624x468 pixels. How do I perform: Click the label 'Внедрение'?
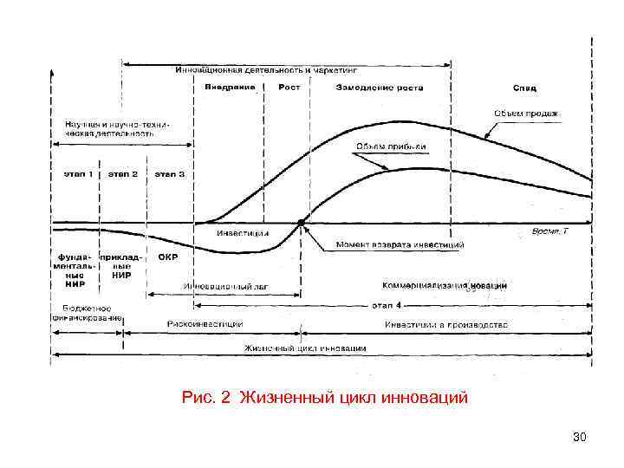(230, 88)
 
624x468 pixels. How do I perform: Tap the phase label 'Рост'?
(289, 88)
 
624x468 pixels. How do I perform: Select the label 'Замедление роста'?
(377, 88)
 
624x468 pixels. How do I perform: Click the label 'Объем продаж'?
(526, 113)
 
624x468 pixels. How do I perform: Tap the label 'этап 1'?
(77, 174)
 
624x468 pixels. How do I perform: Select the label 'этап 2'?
(123, 174)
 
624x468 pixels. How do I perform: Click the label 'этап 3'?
(170, 174)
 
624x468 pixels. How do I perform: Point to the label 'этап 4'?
(387, 305)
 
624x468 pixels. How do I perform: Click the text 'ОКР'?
(168, 257)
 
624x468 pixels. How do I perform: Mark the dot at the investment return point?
(301, 223)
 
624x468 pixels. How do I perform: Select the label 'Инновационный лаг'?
(219, 285)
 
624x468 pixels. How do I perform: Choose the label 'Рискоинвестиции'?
(205, 324)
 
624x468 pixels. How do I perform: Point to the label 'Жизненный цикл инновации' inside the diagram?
(305, 348)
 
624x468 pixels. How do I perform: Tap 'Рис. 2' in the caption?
(207, 398)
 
